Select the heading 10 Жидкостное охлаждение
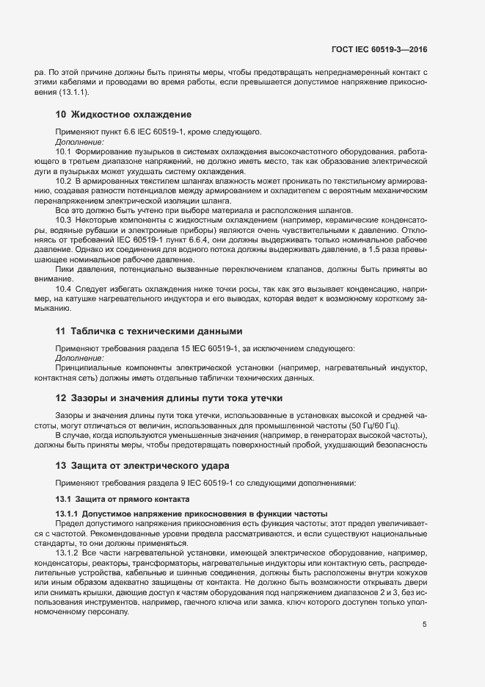(123, 115)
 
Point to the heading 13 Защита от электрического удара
(142, 465)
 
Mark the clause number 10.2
(63, 181)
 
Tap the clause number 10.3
(63, 220)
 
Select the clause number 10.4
(63, 289)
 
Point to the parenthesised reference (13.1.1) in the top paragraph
(74, 92)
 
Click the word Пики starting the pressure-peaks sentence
(65, 269)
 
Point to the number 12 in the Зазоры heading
(61, 398)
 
